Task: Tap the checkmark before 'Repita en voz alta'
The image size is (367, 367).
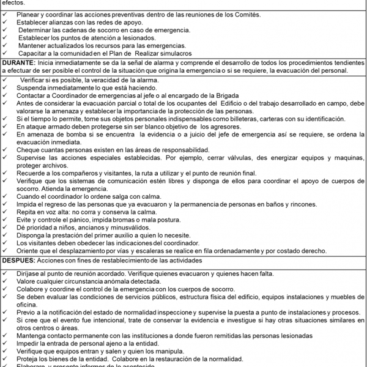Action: pos(6,209)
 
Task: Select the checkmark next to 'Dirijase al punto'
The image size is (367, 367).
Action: pos(6,273)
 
